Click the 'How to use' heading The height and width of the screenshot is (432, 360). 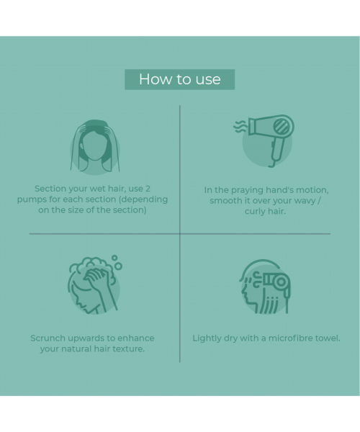[179, 79]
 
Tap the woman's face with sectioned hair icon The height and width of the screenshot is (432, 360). [94, 146]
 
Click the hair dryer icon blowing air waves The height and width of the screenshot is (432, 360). [266, 140]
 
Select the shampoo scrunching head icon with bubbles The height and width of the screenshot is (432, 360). [94, 285]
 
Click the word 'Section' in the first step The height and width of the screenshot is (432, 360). [51, 189]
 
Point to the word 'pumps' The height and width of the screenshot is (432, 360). [32, 199]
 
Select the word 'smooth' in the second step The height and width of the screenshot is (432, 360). [226, 201]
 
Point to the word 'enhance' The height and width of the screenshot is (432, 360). [135, 338]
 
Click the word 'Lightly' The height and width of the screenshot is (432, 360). [208, 338]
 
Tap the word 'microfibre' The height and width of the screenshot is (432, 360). [288, 338]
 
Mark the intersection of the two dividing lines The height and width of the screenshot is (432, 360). [180, 233]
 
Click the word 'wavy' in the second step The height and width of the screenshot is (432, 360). [311, 201]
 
